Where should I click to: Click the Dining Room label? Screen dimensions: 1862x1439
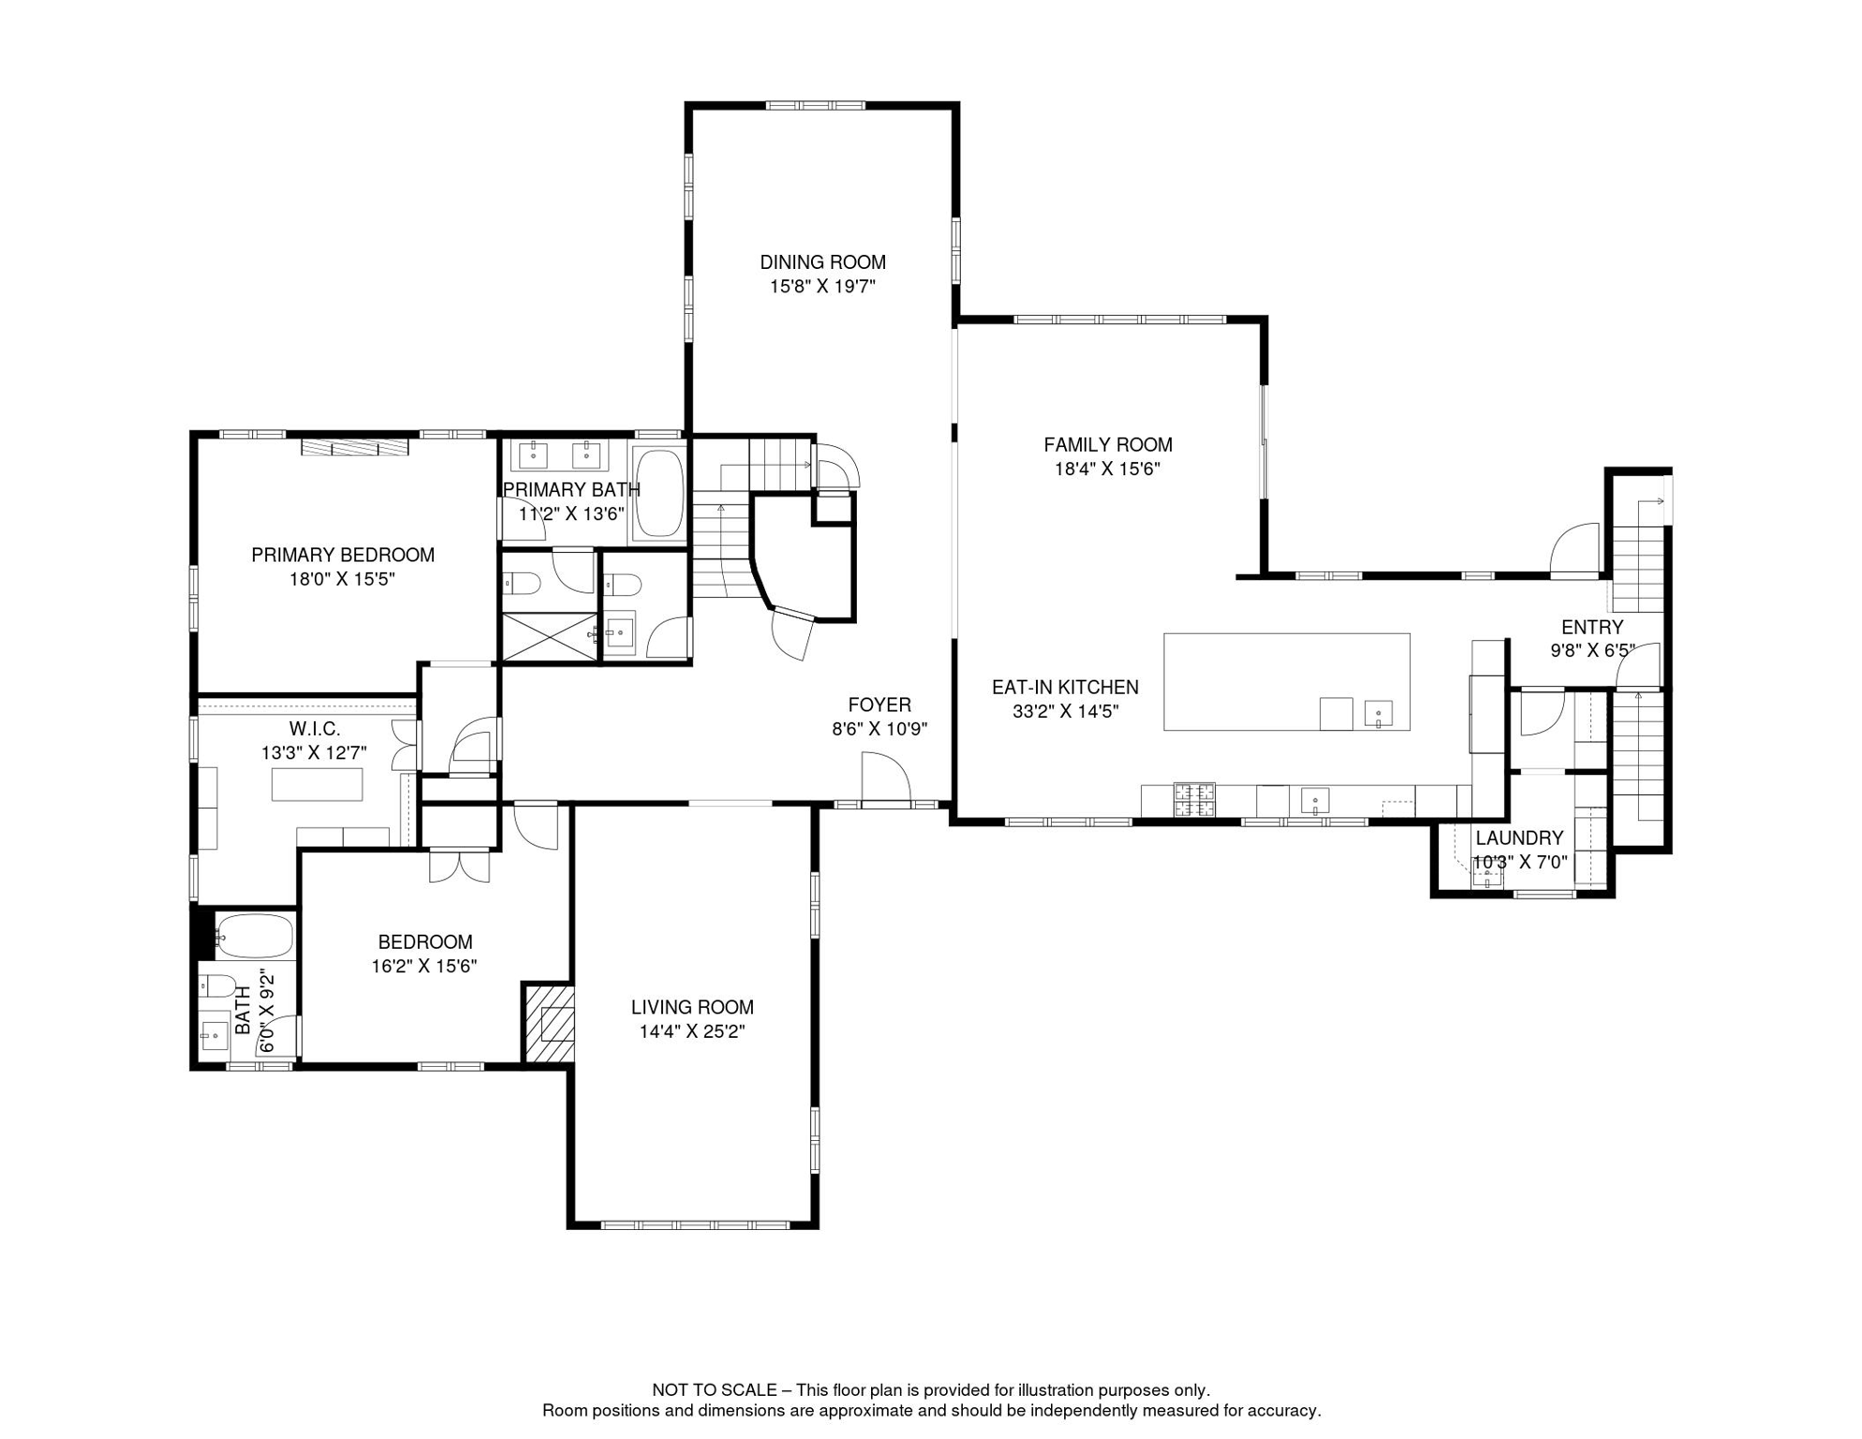tap(823, 262)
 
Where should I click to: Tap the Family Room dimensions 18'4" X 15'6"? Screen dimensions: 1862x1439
tap(1108, 468)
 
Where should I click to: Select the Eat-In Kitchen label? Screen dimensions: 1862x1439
tap(1066, 688)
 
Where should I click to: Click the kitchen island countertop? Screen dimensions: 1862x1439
tap(1287, 681)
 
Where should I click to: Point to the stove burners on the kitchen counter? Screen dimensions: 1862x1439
tap(1194, 799)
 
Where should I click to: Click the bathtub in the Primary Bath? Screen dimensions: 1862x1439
tap(660, 493)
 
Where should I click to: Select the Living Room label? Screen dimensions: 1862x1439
tap(692, 1007)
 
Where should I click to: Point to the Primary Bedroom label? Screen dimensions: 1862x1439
tap(343, 555)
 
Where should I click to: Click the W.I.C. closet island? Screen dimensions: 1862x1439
tap(318, 784)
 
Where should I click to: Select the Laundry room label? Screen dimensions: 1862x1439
tap(1519, 838)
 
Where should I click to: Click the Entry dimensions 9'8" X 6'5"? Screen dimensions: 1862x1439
tap(1592, 650)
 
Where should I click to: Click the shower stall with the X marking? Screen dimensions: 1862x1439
tap(550, 637)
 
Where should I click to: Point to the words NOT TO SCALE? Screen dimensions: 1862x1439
tap(715, 1390)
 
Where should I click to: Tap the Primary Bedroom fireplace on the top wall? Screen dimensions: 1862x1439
tap(355, 447)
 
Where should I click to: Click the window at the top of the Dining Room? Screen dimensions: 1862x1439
tap(816, 106)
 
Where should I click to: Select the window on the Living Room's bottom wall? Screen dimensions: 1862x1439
tap(695, 1224)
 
